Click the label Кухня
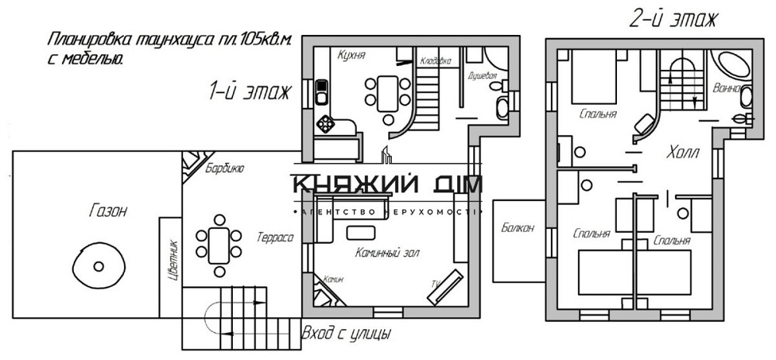[x=352, y=55]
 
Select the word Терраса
[x=275, y=237]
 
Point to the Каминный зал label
[x=383, y=253]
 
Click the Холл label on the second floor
[x=682, y=154]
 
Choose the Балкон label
[x=518, y=228]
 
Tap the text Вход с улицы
[x=345, y=334]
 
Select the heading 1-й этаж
[x=248, y=92]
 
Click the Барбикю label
[x=225, y=168]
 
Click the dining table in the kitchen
[x=386, y=92]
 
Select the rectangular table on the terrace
[x=220, y=242]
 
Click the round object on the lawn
[x=99, y=265]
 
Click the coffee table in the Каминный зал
[x=360, y=232]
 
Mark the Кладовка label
[x=435, y=59]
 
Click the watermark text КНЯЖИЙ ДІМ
[x=386, y=185]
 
